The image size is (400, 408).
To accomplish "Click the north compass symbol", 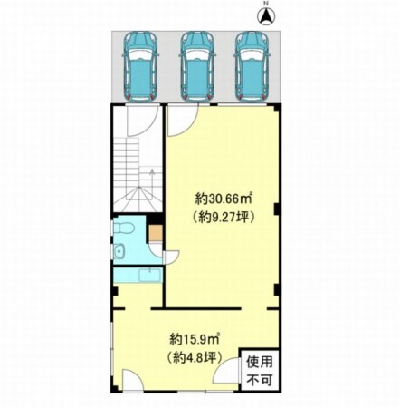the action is (x=266, y=16).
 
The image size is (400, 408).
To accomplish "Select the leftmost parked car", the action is (x=140, y=66).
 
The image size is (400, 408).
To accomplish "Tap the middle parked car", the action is (x=197, y=66).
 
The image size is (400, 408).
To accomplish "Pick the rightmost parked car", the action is (x=252, y=66).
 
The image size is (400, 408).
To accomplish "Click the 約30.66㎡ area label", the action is (x=224, y=199).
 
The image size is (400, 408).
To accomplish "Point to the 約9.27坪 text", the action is (x=224, y=216).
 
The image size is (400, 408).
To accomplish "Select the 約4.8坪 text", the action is (x=195, y=358).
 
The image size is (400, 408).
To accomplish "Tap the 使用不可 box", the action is (x=260, y=370).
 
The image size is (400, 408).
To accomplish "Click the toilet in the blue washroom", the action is (x=123, y=228).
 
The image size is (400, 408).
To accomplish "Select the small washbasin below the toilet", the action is (x=119, y=251).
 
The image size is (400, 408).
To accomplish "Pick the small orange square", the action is (x=156, y=232).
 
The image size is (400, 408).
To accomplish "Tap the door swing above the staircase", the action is (x=143, y=120).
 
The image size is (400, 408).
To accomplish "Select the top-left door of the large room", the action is (x=183, y=120).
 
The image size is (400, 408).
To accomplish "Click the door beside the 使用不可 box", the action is (x=226, y=371).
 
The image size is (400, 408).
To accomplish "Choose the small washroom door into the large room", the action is (x=171, y=257).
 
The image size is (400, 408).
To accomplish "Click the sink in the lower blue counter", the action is (x=149, y=276).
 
